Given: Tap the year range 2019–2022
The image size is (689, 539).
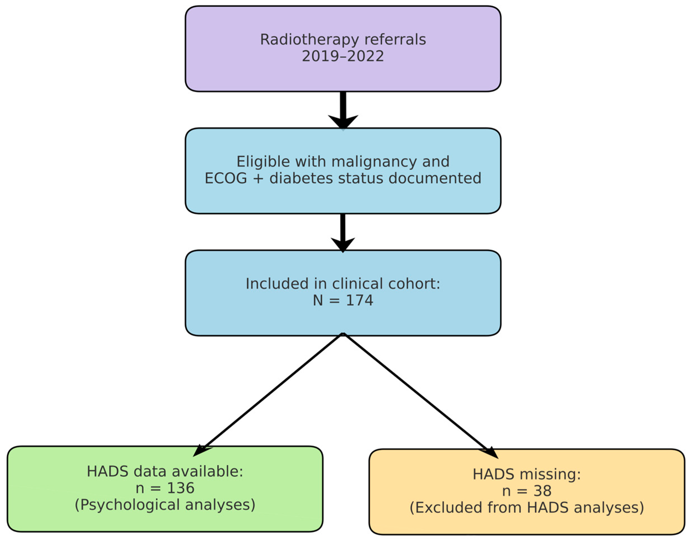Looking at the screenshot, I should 343,57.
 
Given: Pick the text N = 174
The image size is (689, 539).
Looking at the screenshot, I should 343,300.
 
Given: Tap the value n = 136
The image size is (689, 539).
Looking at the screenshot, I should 165,488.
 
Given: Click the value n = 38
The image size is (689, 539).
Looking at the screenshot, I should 527,491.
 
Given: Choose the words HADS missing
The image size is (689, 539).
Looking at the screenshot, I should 527,474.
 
